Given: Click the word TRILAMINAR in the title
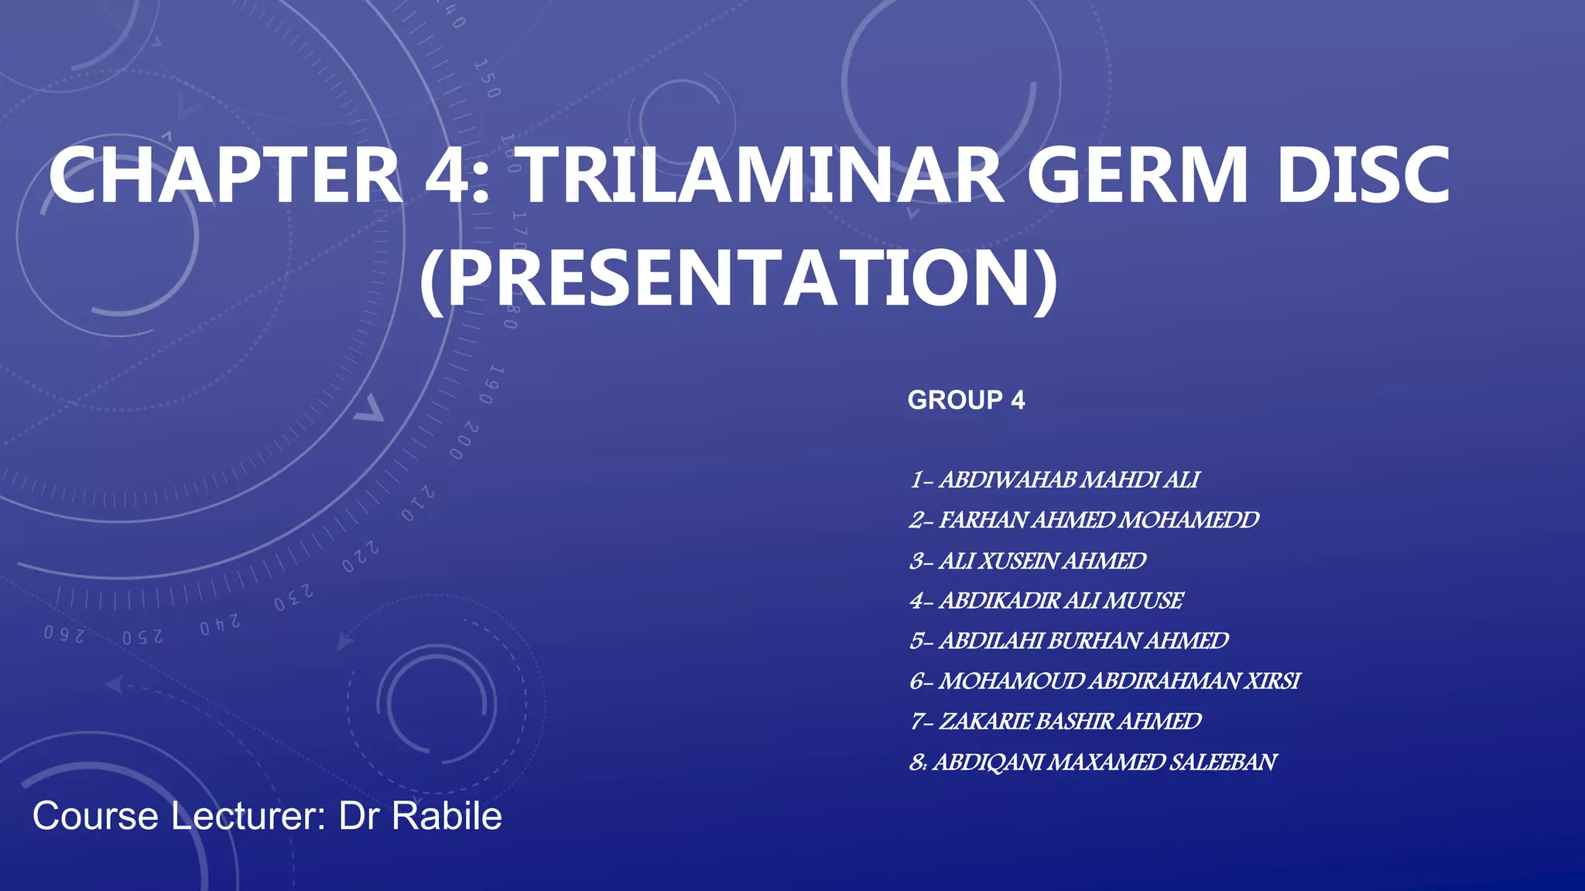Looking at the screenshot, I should [760, 176].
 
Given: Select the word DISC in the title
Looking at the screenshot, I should [1363, 176].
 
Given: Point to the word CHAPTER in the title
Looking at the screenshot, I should [224, 176].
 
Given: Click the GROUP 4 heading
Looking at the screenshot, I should [966, 400].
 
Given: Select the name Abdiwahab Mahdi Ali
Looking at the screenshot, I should [1068, 480].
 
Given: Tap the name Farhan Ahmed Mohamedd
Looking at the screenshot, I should [1098, 521].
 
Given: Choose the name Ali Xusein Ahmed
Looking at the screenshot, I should [1042, 561].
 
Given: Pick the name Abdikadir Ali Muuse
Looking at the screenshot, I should [1060, 601].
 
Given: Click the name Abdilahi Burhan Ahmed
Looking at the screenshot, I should [1083, 641].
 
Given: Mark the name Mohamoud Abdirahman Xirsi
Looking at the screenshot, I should [1118, 681].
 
